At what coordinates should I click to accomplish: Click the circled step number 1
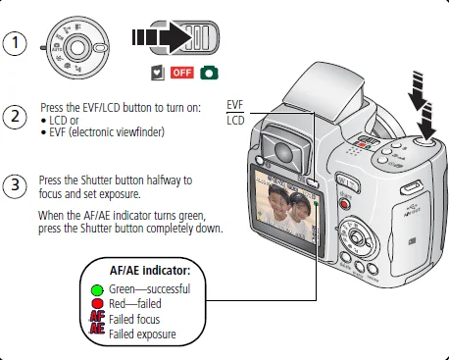pyautogui.click(x=15, y=43)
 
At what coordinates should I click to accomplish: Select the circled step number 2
pyautogui.click(x=15, y=117)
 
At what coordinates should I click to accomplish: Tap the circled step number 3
pyautogui.click(x=15, y=186)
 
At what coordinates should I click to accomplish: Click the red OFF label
pyautogui.click(x=182, y=73)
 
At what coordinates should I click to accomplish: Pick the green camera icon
pyautogui.click(x=209, y=73)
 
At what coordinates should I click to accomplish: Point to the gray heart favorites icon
pyautogui.click(x=158, y=73)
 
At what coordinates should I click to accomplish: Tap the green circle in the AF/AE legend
pyautogui.click(x=97, y=290)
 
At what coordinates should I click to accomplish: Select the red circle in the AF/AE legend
pyautogui.click(x=97, y=304)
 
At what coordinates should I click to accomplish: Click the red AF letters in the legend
pyautogui.click(x=97, y=317)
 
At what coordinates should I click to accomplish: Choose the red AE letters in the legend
pyautogui.click(x=97, y=329)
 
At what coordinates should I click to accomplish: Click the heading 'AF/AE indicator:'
pyautogui.click(x=150, y=271)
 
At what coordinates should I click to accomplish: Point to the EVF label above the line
pyautogui.click(x=235, y=105)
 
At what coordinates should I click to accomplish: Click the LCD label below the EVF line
pyautogui.click(x=235, y=121)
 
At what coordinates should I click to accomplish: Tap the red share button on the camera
pyautogui.click(x=344, y=205)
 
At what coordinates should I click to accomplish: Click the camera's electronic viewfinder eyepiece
pyautogui.click(x=284, y=149)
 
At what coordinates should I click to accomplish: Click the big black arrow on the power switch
pyautogui.click(x=162, y=37)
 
